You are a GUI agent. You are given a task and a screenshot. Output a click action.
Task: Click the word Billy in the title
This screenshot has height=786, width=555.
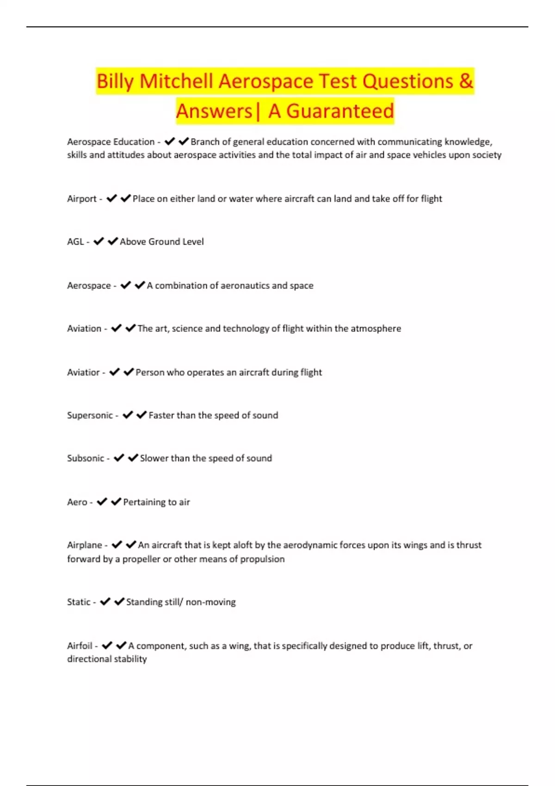[x=115, y=82]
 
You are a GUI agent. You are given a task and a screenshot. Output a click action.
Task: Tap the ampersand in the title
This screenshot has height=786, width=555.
[x=466, y=81]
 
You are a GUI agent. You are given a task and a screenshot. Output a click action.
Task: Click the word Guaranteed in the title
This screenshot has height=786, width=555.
[x=340, y=111]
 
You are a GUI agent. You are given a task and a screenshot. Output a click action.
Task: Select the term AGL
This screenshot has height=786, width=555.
[x=75, y=242]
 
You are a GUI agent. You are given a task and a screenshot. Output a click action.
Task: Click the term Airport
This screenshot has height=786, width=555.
[x=82, y=199]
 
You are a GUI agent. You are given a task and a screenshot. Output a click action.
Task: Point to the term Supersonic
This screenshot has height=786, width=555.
[x=90, y=415]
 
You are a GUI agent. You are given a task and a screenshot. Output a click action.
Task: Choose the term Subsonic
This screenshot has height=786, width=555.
[x=86, y=458]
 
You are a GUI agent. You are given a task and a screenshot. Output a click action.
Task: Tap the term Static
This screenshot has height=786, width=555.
[x=79, y=602]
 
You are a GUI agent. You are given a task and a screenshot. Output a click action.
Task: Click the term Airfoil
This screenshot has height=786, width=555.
[x=80, y=645]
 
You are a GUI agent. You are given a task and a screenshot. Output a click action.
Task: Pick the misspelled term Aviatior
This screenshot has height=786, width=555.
[x=83, y=372]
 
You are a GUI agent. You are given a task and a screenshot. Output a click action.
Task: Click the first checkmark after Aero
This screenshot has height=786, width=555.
[x=102, y=502]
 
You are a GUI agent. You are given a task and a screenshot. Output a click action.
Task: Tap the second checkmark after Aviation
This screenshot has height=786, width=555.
[x=130, y=328]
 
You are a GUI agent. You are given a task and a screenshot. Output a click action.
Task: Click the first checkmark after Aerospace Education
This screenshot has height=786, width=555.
[x=169, y=141]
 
